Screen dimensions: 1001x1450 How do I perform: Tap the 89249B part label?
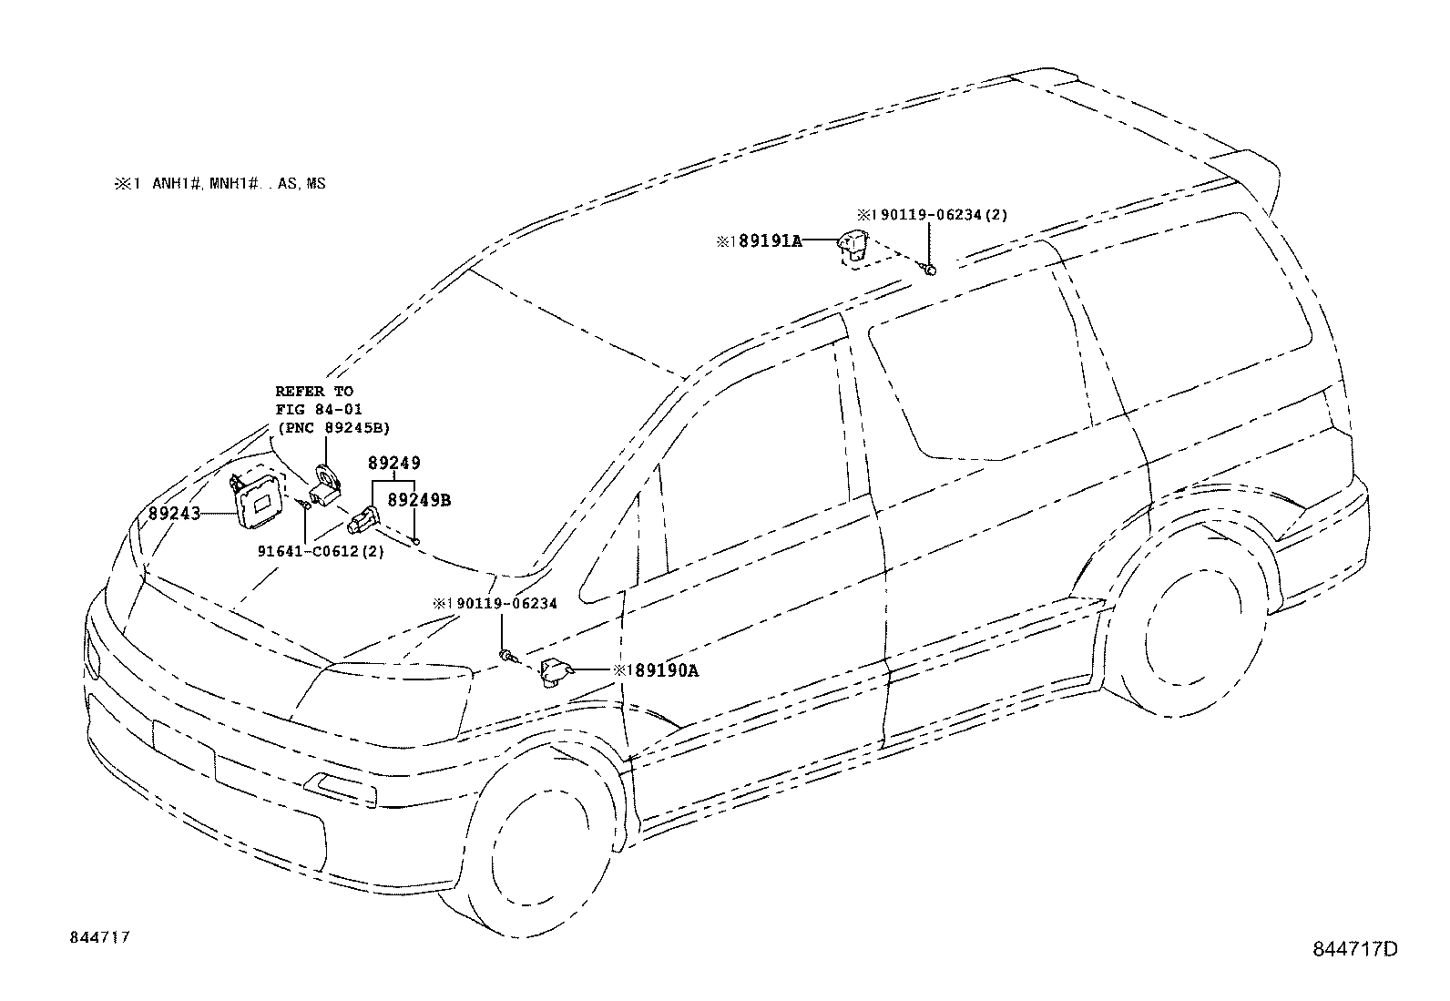pos(419,500)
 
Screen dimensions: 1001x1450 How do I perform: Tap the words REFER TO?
pos(314,391)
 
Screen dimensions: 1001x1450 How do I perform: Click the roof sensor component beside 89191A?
pos(853,245)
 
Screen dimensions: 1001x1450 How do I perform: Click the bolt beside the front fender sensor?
pos(506,655)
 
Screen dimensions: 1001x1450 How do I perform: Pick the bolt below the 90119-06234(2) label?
pos(928,269)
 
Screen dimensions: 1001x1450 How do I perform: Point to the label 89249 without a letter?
pos(394,464)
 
